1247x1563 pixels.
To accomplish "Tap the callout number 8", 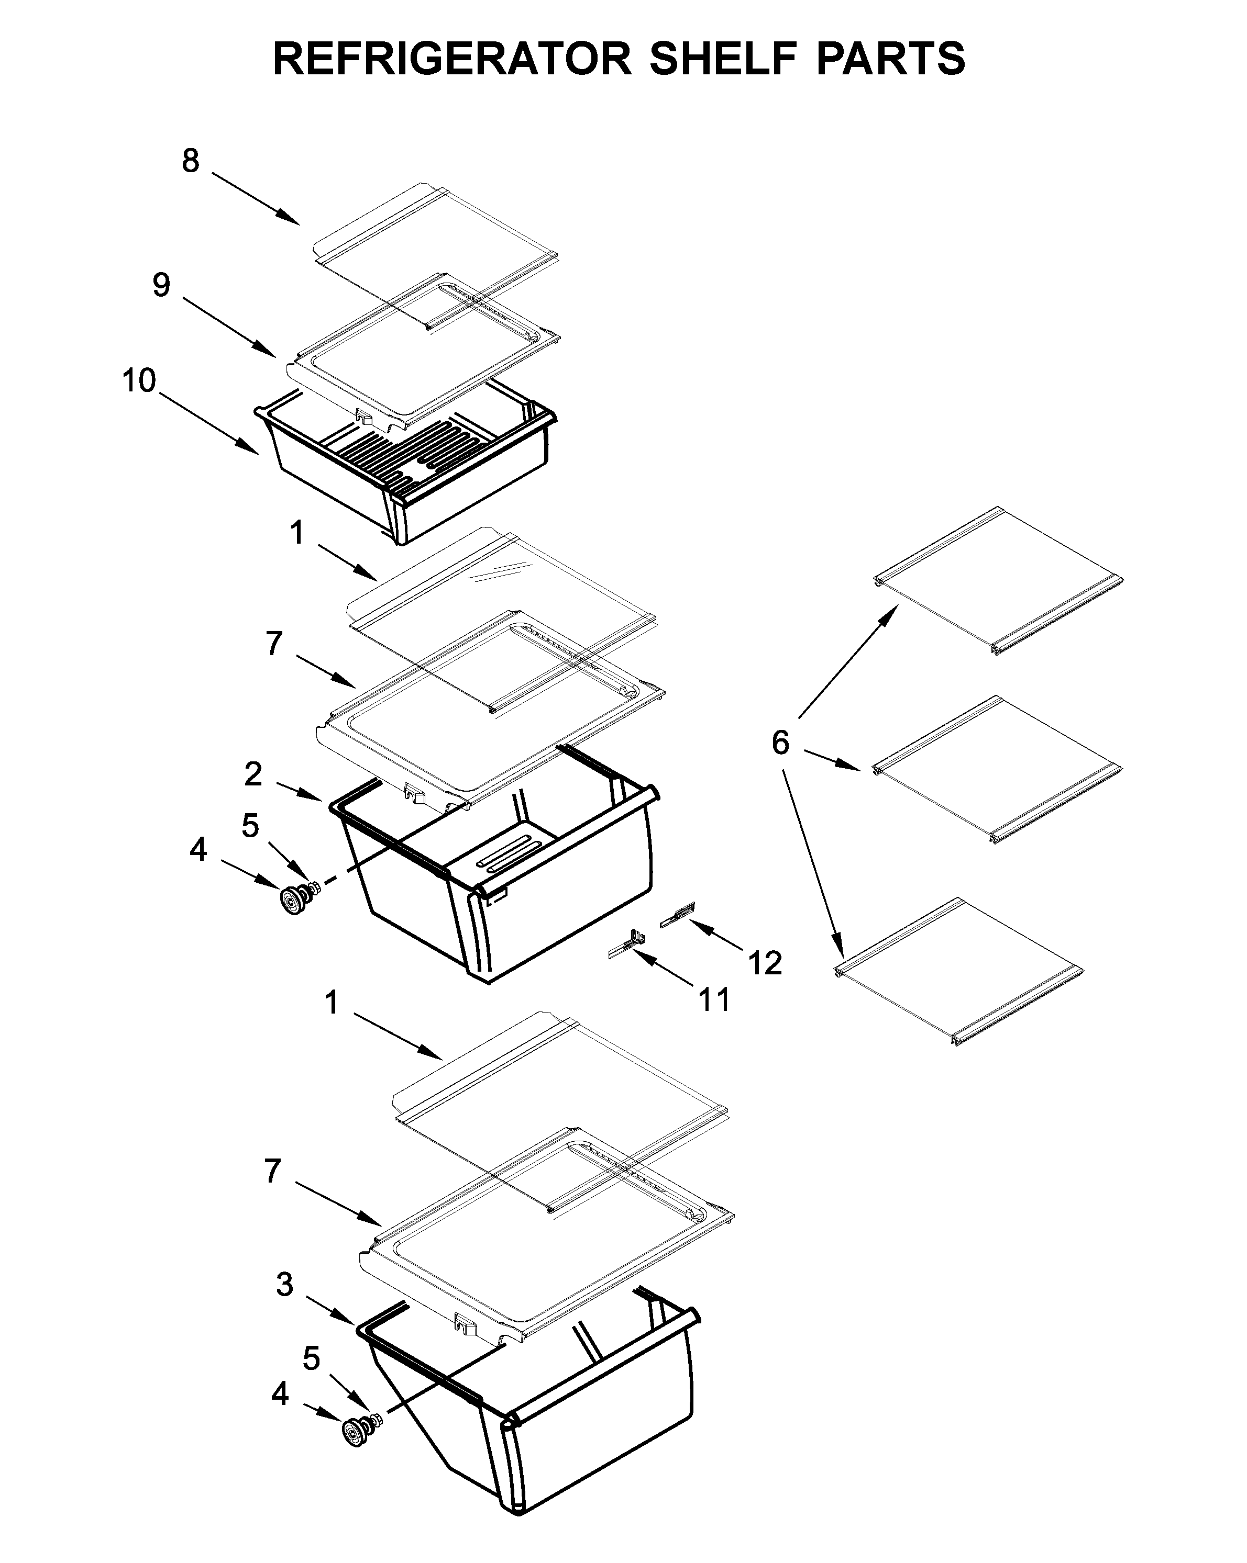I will tap(190, 161).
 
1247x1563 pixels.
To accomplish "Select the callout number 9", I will tap(161, 285).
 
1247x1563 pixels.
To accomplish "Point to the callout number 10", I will tap(139, 380).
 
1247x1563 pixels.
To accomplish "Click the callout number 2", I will tap(252, 774).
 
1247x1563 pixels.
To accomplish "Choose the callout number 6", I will tap(780, 743).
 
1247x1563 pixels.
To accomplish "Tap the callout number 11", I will tap(714, 1000).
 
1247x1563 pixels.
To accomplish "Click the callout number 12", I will tap(765, 963).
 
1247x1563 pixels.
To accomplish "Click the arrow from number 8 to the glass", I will tap(256, 198).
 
